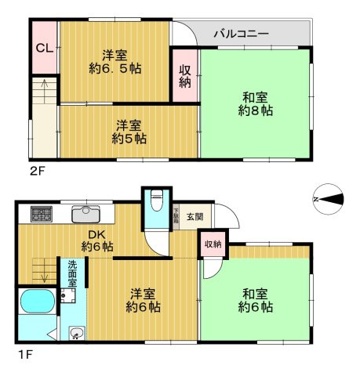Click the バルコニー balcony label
pos(242,34)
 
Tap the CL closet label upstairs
pos(43,48)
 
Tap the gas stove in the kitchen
pos(39,213)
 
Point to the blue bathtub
pos(36,304)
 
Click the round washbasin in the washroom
pos(75,334)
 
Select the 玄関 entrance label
pos(194,216)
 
